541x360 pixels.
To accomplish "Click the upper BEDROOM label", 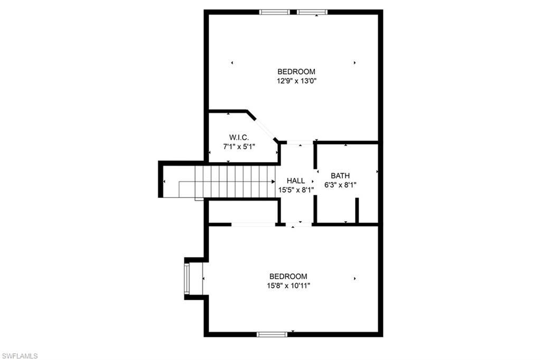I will [296, 72].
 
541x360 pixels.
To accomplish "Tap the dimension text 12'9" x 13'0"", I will [296, 81].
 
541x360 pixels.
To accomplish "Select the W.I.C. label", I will [236, 137].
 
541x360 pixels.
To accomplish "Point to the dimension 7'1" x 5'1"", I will [236, 146].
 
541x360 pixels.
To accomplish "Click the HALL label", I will [296, 181].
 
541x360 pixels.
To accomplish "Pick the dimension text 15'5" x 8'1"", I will [296, 190].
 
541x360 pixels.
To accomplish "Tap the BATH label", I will [340, 176].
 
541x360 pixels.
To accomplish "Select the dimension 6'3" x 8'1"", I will [340, 185].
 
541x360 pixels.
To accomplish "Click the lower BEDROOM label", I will [288, 276].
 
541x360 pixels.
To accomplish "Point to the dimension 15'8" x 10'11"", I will [288, 286].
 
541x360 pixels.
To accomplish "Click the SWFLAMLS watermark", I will [20, 356].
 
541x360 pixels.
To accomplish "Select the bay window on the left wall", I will [186, 278].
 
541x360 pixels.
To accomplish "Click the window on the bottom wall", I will [272, 334].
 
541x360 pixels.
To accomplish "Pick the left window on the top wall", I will [275, 12].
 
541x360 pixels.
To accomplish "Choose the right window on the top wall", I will [312, 12].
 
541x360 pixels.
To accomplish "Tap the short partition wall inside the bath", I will [357, 210].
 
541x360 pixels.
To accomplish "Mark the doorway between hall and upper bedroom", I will [300, 143].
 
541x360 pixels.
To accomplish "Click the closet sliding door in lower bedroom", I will [253, 225].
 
